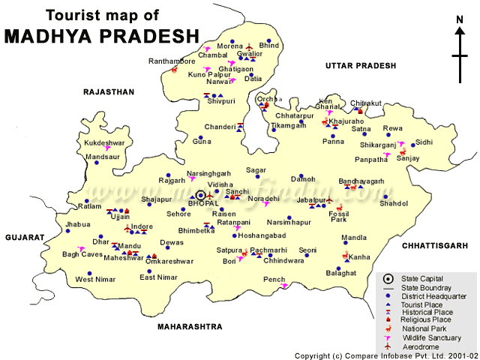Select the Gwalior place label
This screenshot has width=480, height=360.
click(x=250, y=54)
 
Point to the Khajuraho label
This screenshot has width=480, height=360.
click(x=346, y=121)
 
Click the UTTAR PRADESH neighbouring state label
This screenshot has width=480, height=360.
click(x=360, y=66)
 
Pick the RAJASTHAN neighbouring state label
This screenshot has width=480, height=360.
click(x=108, y=91)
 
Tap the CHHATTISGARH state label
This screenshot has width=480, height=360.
click(x=434, y=244)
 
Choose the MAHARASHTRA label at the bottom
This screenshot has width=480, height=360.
click(x=190, y=327)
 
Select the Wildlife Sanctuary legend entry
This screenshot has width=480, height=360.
click(x=431, y=337)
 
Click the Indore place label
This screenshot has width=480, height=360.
click(x=142, y=226)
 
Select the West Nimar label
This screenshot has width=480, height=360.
click(x=94, y=280)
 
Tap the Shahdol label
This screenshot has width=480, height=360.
click(x=394, y=203)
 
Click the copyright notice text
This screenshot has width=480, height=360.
click(x=385, y=355)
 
